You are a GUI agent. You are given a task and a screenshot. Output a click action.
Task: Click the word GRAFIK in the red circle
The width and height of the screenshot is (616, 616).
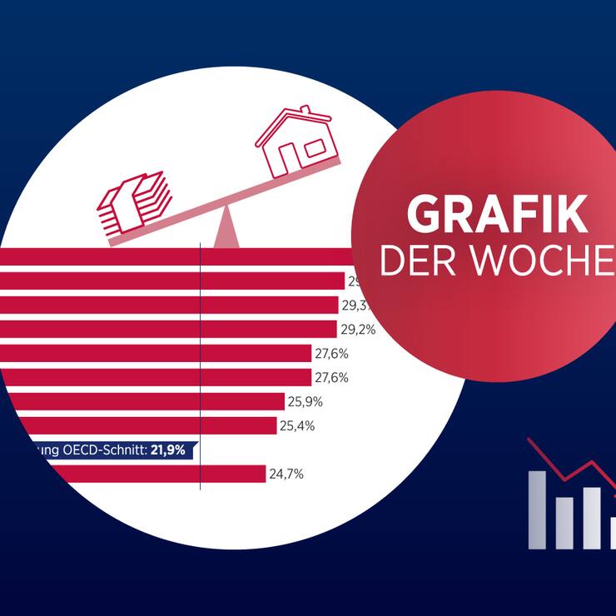(x=497, y=216)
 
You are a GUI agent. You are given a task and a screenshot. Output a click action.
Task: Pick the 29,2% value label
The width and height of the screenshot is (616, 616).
(x=358, y=330)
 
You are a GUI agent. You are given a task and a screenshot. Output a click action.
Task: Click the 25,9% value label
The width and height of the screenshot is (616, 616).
(x=306, y=402)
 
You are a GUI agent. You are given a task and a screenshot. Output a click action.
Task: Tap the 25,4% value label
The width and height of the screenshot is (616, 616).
(x=297, y=426)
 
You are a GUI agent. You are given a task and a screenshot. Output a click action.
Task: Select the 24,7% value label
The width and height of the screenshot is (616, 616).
(x=286, y=474)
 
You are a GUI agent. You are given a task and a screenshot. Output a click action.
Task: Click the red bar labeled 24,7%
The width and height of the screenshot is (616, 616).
(x=133, y=474)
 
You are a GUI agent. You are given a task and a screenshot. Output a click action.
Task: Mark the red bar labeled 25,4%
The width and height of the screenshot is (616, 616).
(x=137, y=426)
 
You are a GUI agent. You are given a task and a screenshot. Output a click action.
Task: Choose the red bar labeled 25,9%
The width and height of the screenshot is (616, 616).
(x=142, y=402)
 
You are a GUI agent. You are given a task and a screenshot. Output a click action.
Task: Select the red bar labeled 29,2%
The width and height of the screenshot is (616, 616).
(x=166, y=330)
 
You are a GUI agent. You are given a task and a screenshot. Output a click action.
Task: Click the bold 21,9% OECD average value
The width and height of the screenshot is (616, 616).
(x=167, y=450)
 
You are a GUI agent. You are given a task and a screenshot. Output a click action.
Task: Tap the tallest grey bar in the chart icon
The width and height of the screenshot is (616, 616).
(x=538, y=509)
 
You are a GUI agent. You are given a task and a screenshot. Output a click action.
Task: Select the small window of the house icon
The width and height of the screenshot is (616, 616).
(x=314, y=148)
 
